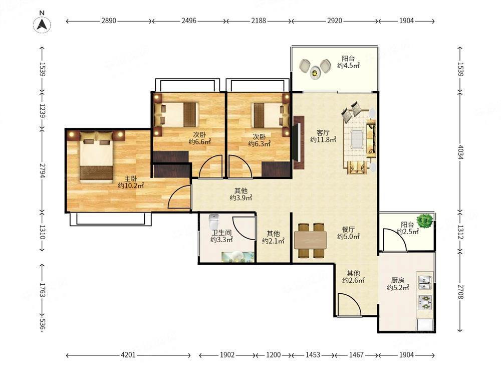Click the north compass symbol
click(42, 24)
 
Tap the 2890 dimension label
click(109, 21)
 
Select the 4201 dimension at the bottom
click(128, 355)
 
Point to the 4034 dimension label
click(460, 152)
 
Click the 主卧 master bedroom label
click(131, 178)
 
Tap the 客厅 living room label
click(323, 132)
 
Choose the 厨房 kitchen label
click(397, 280)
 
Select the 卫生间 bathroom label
click(221, 233)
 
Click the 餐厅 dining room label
click(348, 229)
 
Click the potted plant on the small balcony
click(425, 220)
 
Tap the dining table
click(311, 240)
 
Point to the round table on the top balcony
click(315, 73)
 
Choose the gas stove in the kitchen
click(425, 302)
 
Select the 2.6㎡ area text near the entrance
click(353, 280)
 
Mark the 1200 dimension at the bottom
click(274, 355)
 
